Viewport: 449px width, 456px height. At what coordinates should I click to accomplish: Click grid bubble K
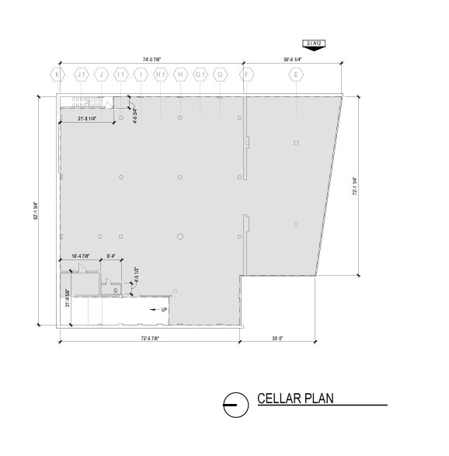(57, 75)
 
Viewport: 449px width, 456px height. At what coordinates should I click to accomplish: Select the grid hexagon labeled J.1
(81, 75)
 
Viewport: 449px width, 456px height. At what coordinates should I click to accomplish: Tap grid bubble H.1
(161, 75)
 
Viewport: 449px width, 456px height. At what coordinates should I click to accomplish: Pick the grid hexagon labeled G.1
(200, 75)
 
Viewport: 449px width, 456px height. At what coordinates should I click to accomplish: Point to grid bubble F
(247, 75)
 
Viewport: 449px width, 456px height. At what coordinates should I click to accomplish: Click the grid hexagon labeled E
(295, 75)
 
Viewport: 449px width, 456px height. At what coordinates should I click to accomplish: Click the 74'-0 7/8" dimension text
(151, 58)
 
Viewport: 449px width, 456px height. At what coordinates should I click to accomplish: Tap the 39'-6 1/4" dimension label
(292, 58)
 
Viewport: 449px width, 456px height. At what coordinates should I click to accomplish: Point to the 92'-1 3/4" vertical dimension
(37, 210)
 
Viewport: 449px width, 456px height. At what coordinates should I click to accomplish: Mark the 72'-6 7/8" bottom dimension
(151, 338)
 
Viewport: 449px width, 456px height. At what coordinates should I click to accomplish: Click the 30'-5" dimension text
(277, 338)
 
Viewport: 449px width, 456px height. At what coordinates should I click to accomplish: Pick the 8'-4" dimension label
(110, 256)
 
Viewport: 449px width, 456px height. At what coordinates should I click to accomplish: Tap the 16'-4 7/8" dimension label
(80, 256)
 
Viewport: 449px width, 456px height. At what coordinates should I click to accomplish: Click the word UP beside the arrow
(164, 310)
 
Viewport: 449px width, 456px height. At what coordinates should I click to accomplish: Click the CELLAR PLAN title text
(295, 399)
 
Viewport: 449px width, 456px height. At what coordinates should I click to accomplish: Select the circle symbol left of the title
(231, 403)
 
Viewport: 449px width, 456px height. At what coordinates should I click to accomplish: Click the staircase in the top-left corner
(87, 103)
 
